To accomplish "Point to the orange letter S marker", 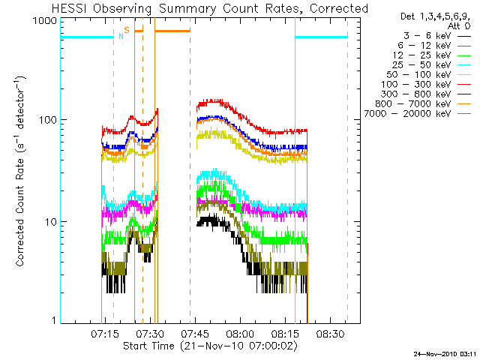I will [x=127, y=30].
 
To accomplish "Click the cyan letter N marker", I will [x=120, y=35].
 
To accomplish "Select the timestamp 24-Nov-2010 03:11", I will [x=445, y=352].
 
